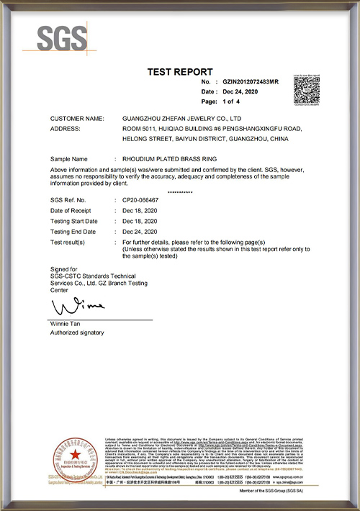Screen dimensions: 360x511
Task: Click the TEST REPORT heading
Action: tap(180, 71)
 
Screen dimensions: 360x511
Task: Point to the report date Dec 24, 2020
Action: tap(240, 92)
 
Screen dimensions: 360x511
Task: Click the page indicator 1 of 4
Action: tap(233, 102)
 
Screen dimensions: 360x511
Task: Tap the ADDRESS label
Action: tap(66, 127)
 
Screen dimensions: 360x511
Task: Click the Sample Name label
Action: tap(69, 158)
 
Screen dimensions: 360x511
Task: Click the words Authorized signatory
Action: tap(77, 333)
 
